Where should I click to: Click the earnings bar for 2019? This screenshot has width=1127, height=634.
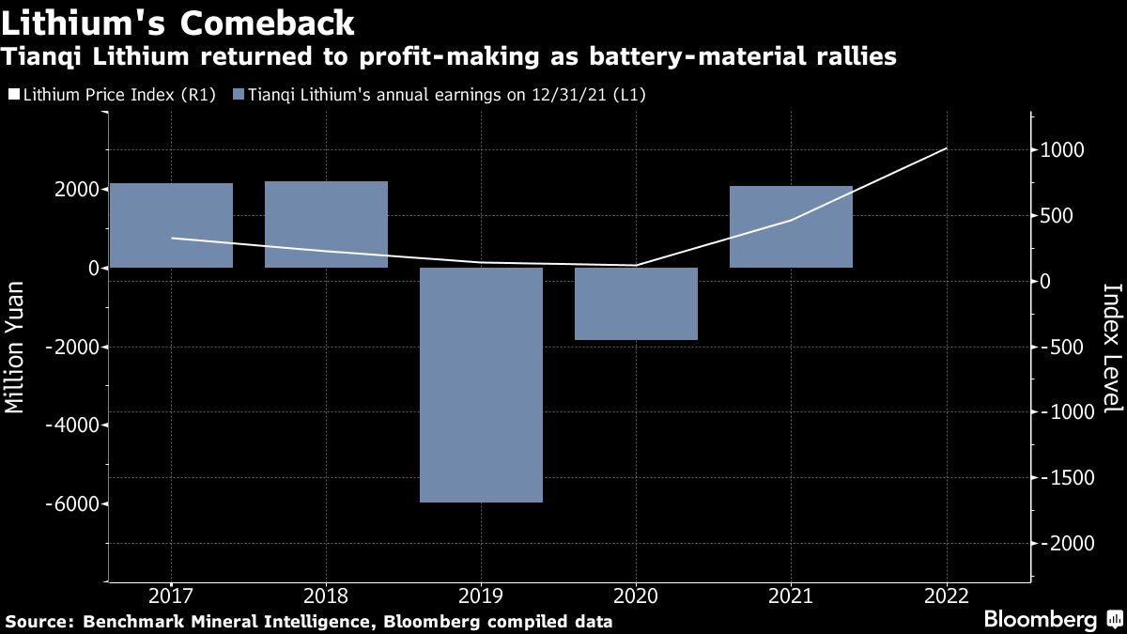[x=481, y=385]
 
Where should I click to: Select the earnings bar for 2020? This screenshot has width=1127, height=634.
[x=636, y=303]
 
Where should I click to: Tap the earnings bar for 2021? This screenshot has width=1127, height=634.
[x=791, y=227]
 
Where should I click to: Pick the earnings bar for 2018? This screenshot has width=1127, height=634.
[x=326, y=224]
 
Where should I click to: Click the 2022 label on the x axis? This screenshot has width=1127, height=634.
[x=946, y=595]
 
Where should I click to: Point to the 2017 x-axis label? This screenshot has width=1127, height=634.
[x=171, y=595]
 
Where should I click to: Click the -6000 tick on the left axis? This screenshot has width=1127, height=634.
[x=76, y=504]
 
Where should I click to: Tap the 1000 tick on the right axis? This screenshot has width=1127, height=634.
[x=1062, y=150]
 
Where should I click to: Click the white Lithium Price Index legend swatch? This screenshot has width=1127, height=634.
[x=12, y=95]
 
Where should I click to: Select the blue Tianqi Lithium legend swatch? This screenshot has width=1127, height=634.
[x=239, y=95]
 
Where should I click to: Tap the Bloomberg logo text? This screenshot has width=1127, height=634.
[x=1040, y=619]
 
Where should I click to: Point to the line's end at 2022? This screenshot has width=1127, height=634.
[x=946, y=148]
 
